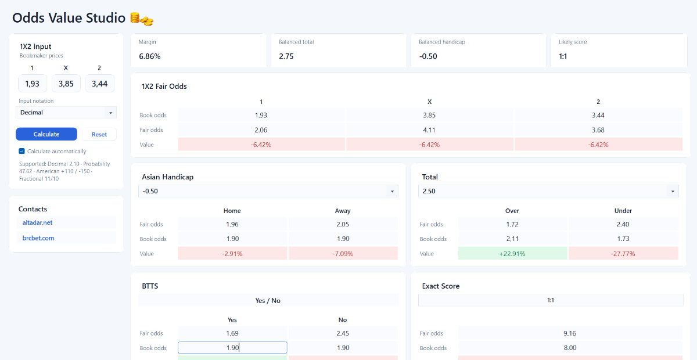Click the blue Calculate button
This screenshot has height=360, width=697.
[x=46, y=134]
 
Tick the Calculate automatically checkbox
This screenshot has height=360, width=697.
[x=22, y=151]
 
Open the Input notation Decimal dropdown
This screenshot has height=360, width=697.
[x=66, y=113]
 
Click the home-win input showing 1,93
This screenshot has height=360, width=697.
[x=33, y=84]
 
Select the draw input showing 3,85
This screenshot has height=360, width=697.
[x=66, y=84]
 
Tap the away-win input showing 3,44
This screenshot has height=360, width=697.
[x=99, y=84]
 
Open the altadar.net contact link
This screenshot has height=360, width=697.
[x=37, y=222]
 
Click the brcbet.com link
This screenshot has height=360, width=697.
[x=38, y=238]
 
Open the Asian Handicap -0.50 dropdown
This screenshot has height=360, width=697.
[x=268, y=191]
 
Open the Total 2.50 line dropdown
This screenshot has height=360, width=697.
[x=548, y=191]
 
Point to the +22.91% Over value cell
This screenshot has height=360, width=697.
[x=512, y=254]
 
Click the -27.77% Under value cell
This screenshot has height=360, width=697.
[x=623, y=254]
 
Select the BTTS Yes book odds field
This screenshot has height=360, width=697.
[x=232, y=348]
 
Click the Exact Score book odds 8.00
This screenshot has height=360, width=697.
[x=570, y=348]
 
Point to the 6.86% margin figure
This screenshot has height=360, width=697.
[x=150, y=56]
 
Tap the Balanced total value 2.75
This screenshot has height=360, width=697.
[x=286, y=56]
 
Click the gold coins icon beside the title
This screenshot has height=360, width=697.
[x=142, y=19]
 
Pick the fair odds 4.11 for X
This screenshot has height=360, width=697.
[x=429, y=129]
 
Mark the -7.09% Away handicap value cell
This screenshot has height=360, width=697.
[x=343, y=254]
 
